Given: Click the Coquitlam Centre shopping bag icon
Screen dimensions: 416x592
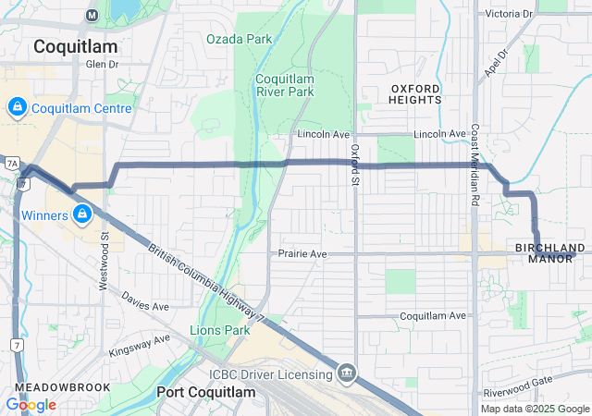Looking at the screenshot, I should click(17, 108).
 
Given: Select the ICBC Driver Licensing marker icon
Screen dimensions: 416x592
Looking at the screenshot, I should click(346, 373).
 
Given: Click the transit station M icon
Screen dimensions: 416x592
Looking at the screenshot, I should click(92, 15).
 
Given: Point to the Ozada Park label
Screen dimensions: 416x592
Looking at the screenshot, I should click(239, 39).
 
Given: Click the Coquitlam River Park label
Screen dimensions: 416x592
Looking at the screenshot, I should click(284, 85).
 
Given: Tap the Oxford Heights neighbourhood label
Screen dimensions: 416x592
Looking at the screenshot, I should click(415, 94).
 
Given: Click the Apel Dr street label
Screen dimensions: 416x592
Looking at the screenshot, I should click(495, 63).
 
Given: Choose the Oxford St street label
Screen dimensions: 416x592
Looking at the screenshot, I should click(354, 163).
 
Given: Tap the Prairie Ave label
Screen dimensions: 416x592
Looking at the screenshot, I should click(303, 253).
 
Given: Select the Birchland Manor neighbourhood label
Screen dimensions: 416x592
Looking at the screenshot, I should click(550, 253).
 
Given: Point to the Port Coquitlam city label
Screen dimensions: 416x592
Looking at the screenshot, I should click(205, 392).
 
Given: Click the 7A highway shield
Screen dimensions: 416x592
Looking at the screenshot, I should click(12, 163).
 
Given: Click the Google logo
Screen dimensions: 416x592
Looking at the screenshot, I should click(31, 405).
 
